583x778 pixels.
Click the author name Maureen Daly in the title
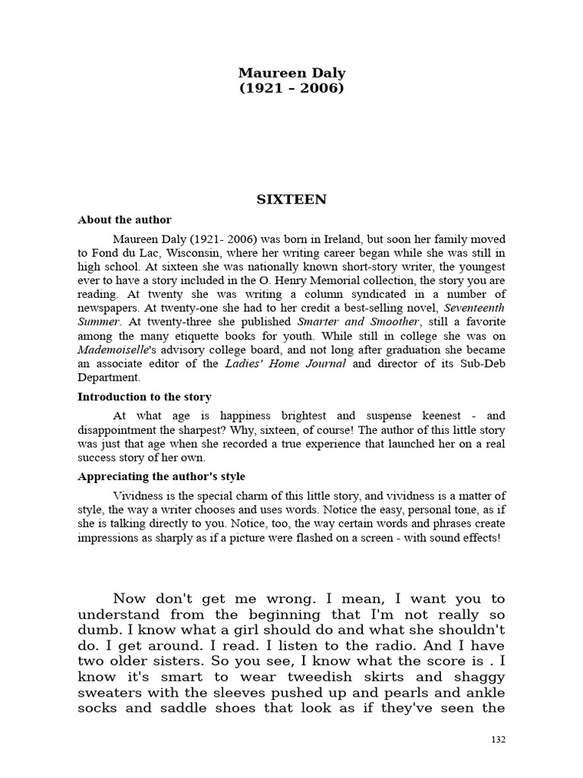coord(291,73)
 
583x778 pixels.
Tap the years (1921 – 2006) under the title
coord(291,88)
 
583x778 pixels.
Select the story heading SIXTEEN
coord(291,199)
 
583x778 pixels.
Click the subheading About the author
coord(124,220)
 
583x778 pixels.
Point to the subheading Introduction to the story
coord(144,397)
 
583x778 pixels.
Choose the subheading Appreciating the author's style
coord(162,476)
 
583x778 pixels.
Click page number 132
coord(498,739)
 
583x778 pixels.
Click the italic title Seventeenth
coord(474,307)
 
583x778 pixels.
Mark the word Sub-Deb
coord(484,363)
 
